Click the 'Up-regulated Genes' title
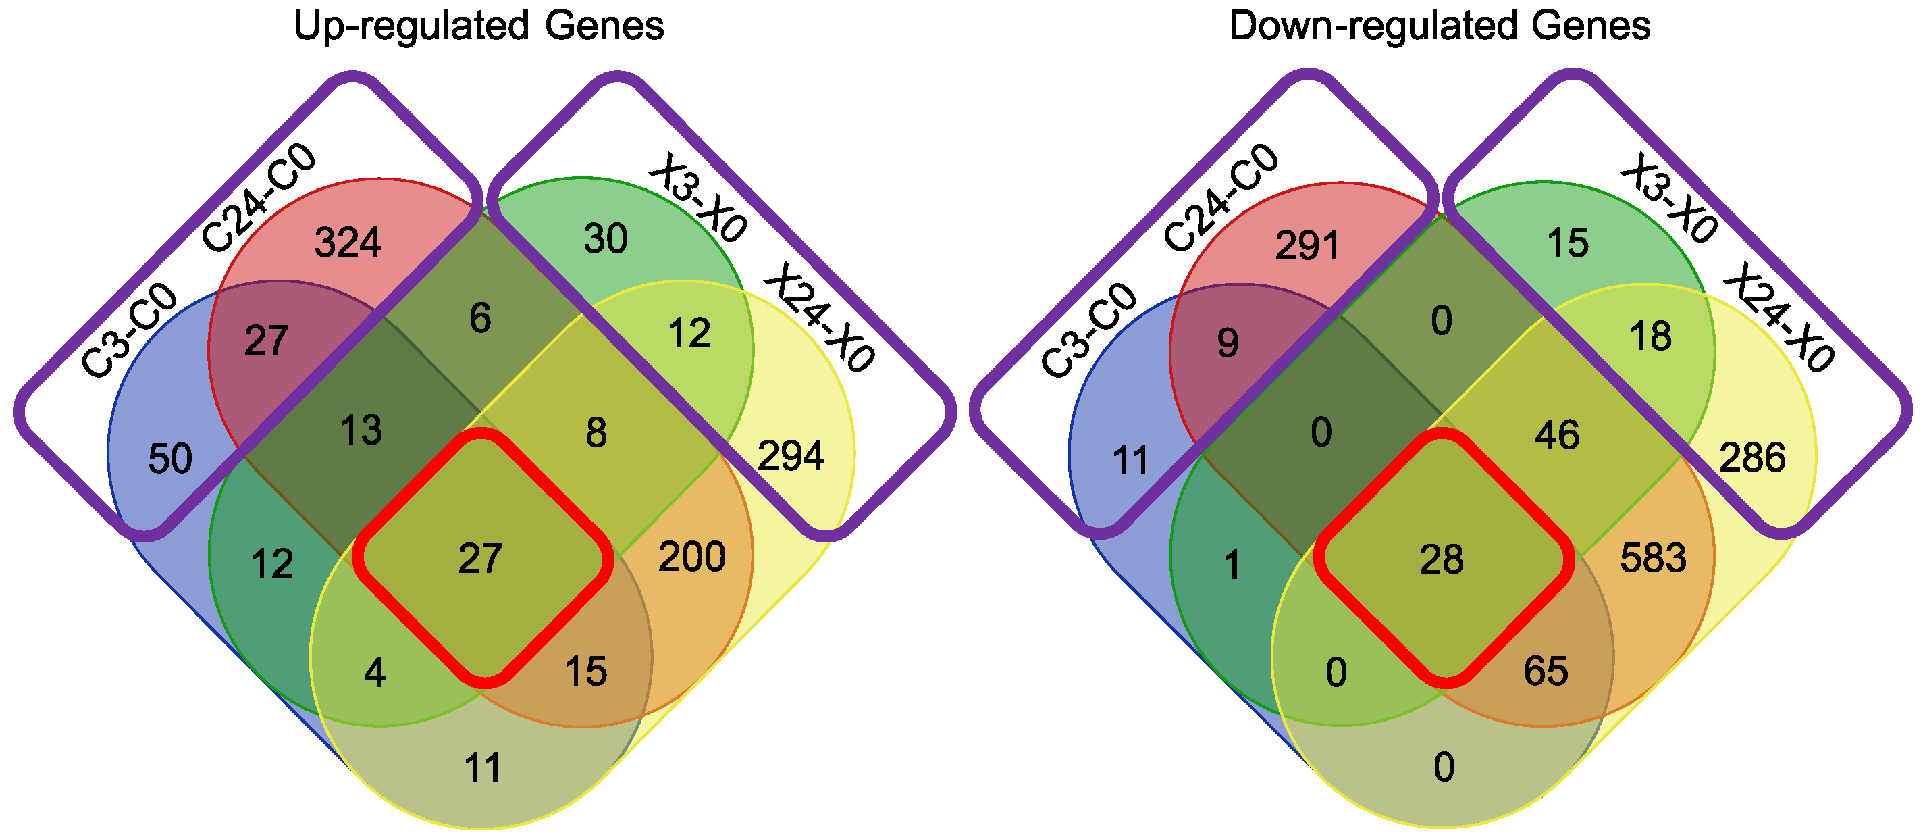(x=478, y=26)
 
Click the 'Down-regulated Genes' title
(x=1440, y=26)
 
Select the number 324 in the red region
(x=347, y=243)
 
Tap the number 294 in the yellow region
(x=791, y=455)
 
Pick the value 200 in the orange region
(x=691, y=557)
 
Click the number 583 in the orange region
(x=1653, y=558)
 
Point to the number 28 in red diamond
(x=1442, y=559)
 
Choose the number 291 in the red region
(x=1307, y=246)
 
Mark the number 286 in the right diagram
(x=1752, y=458)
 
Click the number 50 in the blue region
(x=170, y=459)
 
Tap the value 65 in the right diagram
(x=1546, y=671)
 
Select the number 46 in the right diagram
(x=1557, y=434)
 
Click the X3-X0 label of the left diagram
(x=697, y=198)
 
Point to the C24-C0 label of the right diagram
(x=1221, y=198)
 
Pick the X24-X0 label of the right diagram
(x=1776, y=318)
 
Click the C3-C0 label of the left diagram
(x=128, y=331)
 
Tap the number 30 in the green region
(x=606, y=239)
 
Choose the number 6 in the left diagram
(x=480, y=318)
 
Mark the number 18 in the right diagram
(x=1650, y=336)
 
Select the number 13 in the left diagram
(x=361, y=431)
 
